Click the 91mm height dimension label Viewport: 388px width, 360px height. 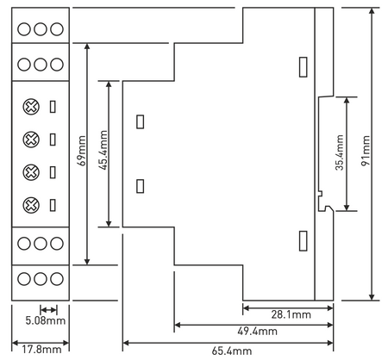(366, 151)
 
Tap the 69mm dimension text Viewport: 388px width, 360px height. (82, 151)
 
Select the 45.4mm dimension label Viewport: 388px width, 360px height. (103, 150)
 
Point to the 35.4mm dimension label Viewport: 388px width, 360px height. (340, 152)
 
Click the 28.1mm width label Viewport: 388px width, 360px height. (291, 314)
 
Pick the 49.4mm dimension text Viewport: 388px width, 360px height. (258, 332)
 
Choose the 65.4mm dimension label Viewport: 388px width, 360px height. (232, 351)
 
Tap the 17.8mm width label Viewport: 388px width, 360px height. (42, 350)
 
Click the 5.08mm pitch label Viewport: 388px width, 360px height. (46, 320)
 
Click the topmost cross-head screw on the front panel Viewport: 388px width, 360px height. (31, 107)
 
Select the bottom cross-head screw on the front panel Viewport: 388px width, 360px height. (31, 205)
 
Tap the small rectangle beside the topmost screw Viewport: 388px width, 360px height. (53, 107)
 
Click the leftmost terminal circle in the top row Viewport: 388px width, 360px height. (24, 29)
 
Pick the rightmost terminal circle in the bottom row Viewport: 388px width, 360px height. (57, 279)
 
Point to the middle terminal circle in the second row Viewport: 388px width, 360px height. (41, 65)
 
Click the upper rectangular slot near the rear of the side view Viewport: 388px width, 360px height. (304, 67)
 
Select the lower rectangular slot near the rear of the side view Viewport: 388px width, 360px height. (304, 241)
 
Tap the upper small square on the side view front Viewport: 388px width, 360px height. (140, 121)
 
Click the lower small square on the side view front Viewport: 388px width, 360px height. (140, 186)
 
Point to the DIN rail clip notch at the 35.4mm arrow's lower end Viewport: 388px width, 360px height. (326, 208)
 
